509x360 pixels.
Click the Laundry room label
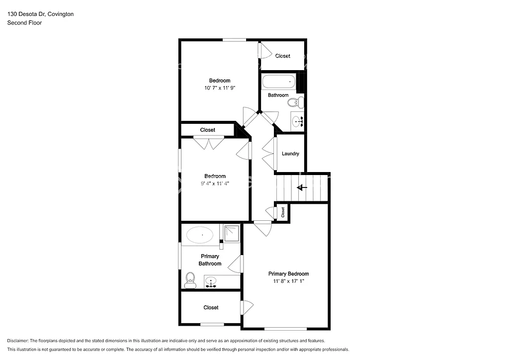(x=290, y=154)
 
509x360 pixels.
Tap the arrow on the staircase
(x=301, y=187)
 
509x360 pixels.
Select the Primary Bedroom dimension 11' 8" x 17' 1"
(x=288, y=281)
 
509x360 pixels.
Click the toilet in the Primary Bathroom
(x=189, y=280)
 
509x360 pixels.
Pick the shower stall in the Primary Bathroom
(x=232, y=233)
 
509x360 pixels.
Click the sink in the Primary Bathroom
(x=212, y=282)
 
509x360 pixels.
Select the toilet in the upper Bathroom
(x=296, y=103)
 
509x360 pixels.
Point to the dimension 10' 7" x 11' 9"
(x=219, y=88)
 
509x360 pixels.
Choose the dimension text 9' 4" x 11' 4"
(x=215, y=183)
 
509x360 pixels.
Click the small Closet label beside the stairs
(x=283, y=212)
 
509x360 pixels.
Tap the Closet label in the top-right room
(x=282, y=56)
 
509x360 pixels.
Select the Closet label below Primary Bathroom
(x=211, y=308)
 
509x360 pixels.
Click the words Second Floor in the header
(x=24, y=23)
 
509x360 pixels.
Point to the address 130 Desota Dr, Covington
(x=40, y=14)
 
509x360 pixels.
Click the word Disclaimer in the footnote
(x=18, y=341)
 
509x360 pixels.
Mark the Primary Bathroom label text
(x=210, y=260)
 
